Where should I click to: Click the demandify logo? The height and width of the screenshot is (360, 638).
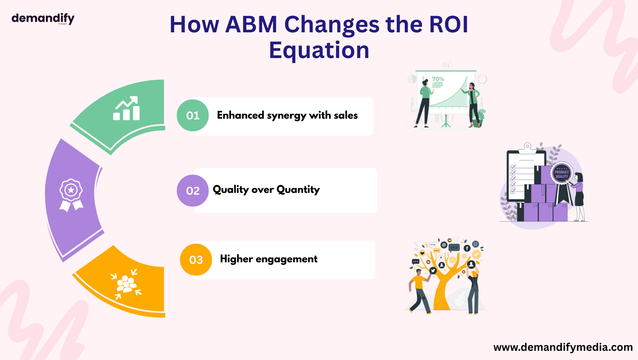click(43, 18)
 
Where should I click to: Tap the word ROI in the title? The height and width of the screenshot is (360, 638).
click(448, 25)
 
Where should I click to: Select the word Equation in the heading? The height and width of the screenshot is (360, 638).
click(319, 51)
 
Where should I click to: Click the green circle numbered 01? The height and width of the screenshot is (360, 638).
click(193, 115)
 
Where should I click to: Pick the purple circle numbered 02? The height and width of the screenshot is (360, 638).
click(193, 191)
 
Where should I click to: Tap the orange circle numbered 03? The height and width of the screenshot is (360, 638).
click(196, 260)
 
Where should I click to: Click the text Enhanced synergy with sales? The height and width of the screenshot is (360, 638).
click(287, 115)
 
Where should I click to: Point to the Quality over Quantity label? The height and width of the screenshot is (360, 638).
click(266, 190)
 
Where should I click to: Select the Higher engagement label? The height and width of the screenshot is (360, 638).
click(268, 259)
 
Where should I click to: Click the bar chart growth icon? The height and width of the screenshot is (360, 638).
click(126, 108)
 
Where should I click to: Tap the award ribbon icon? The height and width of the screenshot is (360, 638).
click(71, 195)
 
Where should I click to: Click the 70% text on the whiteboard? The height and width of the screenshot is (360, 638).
click(438, 79)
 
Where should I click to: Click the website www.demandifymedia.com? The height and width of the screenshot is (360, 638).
click(563, 347)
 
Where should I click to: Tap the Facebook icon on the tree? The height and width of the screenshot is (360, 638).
click(467, 248)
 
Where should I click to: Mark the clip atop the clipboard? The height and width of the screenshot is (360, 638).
click(527, 147)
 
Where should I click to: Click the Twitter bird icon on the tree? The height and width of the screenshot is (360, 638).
click(433, 271)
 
